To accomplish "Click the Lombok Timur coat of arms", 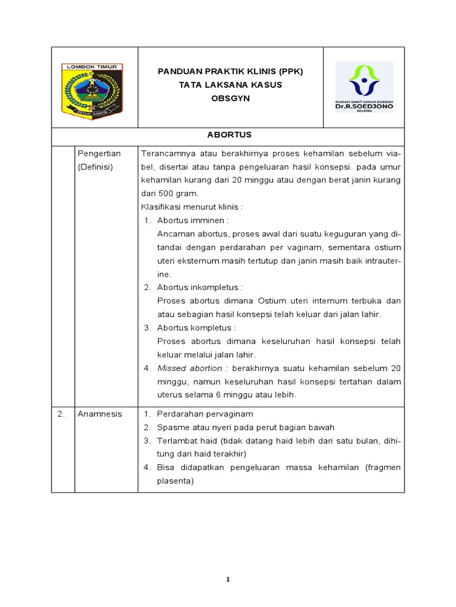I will click(x=93, y=88).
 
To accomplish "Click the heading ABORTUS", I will click(x=229, y=135).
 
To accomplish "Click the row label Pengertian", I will click(x=99, y=154).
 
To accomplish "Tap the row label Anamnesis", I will click(x=100, y=414).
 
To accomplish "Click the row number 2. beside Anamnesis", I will click(x=61, y=414).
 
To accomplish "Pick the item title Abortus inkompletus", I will click(x=191, y=287).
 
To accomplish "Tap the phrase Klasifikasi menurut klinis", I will click(x=192, y=207).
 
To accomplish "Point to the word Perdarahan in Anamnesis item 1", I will click(x=179, y=414).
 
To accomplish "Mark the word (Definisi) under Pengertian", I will click(x=97, y=167).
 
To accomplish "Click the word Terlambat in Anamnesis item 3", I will click(x=176, y=440).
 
